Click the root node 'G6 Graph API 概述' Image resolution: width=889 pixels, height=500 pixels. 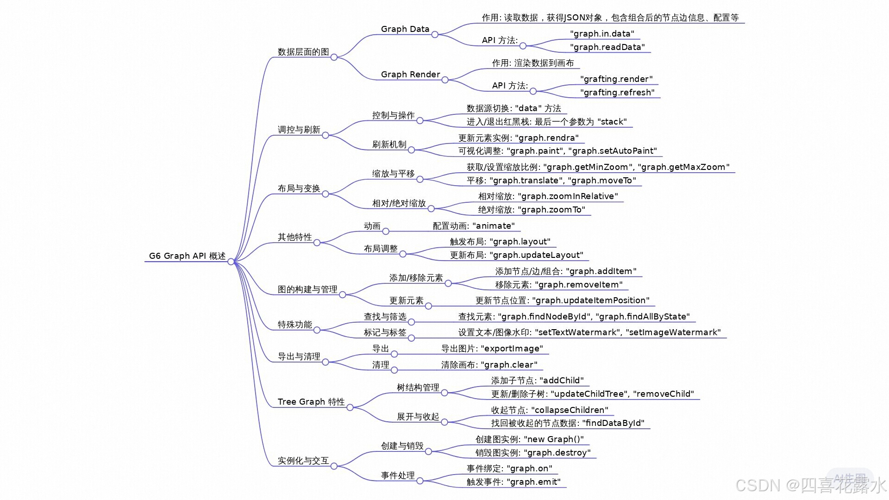click(187, 256)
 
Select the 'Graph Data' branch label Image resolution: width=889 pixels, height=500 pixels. click(405, 29)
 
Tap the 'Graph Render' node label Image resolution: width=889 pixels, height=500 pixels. click(410, 75)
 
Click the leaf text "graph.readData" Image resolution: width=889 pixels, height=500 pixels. click(607, 47)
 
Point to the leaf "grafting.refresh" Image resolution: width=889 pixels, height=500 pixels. click(617, 93)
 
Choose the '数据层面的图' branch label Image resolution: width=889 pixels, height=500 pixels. click(303, 52)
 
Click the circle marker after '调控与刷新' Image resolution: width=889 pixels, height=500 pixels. click(326, 135)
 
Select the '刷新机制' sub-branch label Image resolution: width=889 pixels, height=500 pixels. click(389, 144)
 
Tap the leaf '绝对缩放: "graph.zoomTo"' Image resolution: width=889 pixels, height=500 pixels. click(531, 210)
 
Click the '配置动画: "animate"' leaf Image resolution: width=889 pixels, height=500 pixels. click(473, 226)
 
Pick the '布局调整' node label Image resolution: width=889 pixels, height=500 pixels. click(381, 249)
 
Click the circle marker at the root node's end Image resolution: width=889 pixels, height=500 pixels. click(231, 262)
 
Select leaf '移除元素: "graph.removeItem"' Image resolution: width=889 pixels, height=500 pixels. click(558, 285)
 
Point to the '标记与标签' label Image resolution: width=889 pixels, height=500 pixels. click(385, 332)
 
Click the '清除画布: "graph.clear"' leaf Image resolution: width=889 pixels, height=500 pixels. click(489, 365)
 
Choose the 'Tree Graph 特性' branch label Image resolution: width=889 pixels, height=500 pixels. click(311, 402)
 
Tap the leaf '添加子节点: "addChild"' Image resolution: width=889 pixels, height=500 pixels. click(537, 381)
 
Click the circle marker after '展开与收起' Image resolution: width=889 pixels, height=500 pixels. click(444, 422)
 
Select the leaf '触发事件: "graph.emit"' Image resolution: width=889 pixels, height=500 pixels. click(513, 482)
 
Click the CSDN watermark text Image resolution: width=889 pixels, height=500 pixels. click(810, 485)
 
